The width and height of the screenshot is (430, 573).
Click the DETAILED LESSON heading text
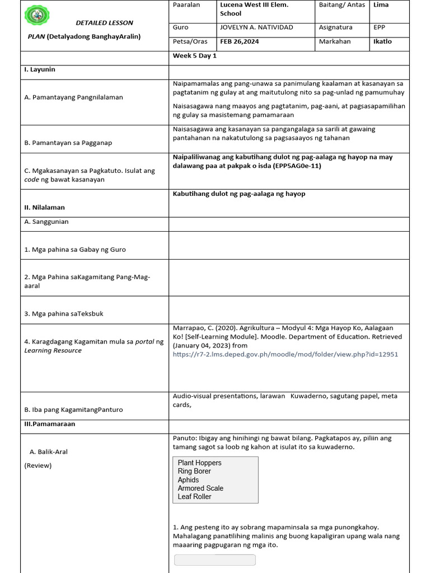click(105, 23)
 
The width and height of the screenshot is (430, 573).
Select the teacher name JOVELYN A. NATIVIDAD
click(256, 27)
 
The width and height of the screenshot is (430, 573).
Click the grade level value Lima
click(381, 5)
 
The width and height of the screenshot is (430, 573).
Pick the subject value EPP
click(380, 27)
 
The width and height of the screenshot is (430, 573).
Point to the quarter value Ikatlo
click(382, 41)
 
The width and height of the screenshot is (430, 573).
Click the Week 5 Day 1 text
click(195, 56)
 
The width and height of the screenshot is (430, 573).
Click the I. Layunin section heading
click(39, 70)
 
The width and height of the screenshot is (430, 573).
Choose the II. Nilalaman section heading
click(45, 207)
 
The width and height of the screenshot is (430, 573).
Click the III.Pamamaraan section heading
click(50, 424)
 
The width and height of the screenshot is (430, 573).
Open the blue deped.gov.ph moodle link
click(286, 354)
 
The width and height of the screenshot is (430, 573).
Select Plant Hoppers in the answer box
click(199, 463)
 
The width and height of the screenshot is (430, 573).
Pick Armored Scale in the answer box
click(200, 488)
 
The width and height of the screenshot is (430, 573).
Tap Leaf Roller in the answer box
click(194, 496)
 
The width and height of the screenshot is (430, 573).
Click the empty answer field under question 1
click(215, 560)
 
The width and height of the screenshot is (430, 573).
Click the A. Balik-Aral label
click(48, 452)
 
